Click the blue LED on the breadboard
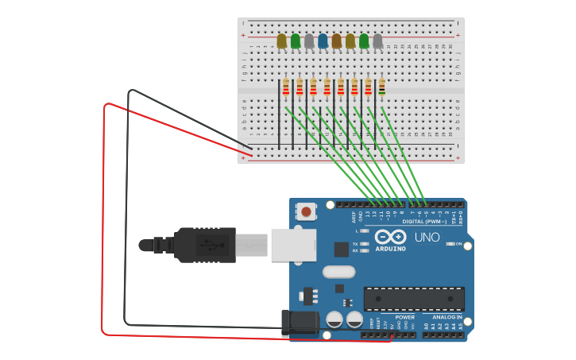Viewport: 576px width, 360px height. tap(323, 41)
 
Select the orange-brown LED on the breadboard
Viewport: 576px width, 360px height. tap(336, 41)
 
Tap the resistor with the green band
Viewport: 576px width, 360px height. tap(382, 87)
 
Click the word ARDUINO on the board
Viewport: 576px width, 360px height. tap(390, 249)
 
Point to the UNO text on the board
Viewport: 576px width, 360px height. tap(427, 237)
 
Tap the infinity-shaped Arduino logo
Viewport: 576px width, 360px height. tap(390, 237)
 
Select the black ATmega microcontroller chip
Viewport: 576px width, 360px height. tap(414, 299)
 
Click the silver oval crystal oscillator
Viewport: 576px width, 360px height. tap(338, 272)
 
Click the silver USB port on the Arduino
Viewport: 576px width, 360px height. tap(293, 245)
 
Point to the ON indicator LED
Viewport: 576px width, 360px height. tap(450, 244)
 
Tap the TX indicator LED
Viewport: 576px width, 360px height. tap(364, 244)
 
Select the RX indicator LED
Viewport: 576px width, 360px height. tap(364, 251)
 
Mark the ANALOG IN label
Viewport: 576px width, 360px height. tap(447, 316)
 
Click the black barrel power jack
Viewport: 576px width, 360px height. tap(300, 323)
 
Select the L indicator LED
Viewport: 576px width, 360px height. tap(364, 230)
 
